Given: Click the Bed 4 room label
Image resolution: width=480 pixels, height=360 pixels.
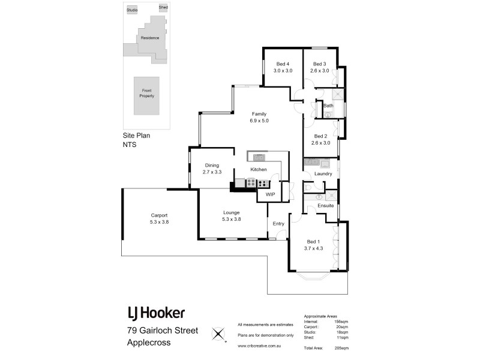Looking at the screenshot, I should pyautogui.click(x=283, y=64).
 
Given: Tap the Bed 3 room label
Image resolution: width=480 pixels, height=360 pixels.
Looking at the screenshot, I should pyautogui.click(x=319, y=64).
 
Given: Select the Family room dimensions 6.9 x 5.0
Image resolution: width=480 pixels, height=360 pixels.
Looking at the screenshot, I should pyautogui.click(x=259, y=121).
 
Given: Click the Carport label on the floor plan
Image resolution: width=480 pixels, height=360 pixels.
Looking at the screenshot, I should pyautogui.click(x=159, y=215).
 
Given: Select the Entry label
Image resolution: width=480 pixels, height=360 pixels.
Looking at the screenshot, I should pyautogui.click(x=278, y=224).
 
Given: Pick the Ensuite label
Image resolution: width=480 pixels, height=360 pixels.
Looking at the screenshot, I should pyautogui.click(x=326, y=206).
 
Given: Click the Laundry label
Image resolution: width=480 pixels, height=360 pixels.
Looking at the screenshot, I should pyautogui.click(x=323, y=174).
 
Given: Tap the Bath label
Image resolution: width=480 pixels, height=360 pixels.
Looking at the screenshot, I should pyautogui.click(x=328, y=106).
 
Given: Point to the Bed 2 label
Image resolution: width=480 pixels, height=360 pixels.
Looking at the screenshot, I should pyautogui.click(x=320, y=136).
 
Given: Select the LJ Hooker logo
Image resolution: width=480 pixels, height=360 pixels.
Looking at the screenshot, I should pyautogui.click(x=156, y=313).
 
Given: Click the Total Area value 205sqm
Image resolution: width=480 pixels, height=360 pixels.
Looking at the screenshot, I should pyautogui.click(x=341, y=348).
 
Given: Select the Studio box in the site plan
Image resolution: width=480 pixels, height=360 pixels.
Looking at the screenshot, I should pyautogui.click(x=132, y=10).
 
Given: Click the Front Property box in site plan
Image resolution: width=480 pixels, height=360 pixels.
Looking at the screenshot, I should pyautogui.click(x=146, y=93).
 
